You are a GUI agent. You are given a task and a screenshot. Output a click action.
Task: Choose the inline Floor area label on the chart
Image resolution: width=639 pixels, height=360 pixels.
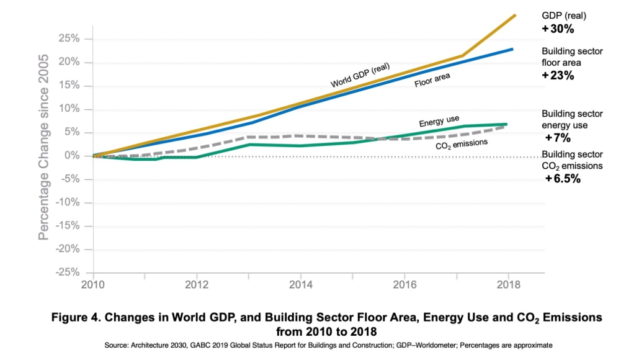point(432,80)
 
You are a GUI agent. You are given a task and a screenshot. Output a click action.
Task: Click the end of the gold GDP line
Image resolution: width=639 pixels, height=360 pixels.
point(515,14)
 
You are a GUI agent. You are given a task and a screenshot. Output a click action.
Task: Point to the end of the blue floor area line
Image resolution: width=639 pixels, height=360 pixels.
point(512,49)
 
